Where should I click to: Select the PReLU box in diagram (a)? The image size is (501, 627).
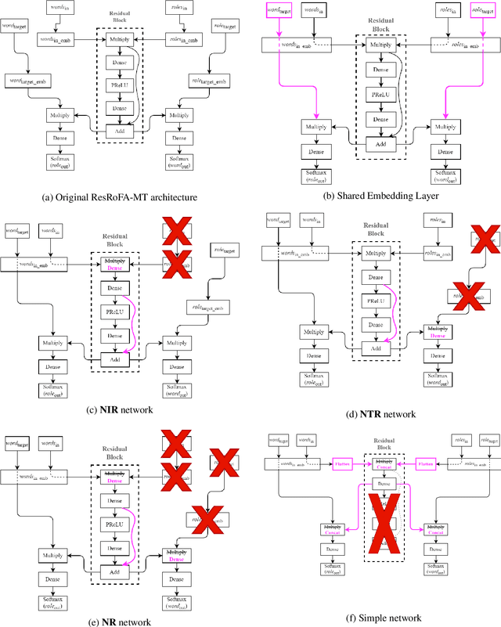(121, 85)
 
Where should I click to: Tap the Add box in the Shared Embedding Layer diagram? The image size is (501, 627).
(380, 144)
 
